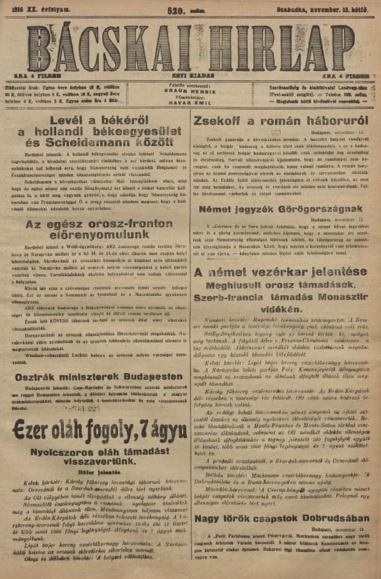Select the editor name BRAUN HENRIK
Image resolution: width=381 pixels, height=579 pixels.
(x=190, y=90)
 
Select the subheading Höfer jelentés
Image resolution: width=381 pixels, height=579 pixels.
(x=99, y=473)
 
